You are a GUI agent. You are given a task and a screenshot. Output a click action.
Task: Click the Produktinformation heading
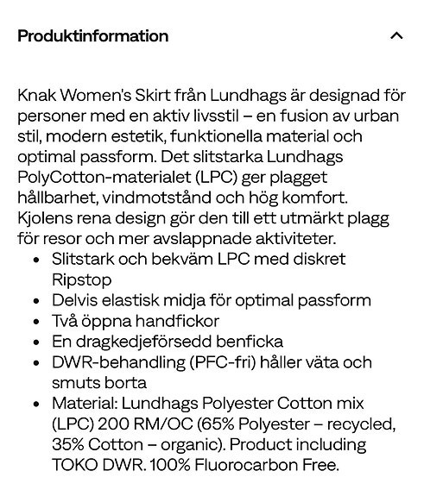pyautogui.click(x=92, y=36)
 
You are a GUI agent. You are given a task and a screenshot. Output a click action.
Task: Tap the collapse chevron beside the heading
pyautogui.click(x=396, y=36)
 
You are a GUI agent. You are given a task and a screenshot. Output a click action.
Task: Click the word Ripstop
pyautogui.click(x=81, y=279)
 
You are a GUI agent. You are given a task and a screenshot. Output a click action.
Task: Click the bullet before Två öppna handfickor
pyautogui.click(x=35, y=321)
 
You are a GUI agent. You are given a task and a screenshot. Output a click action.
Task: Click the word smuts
pyautogui.click(x=75, y=383)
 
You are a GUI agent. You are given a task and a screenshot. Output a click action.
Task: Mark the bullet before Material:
pyautogui.click(x=35, y=404)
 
